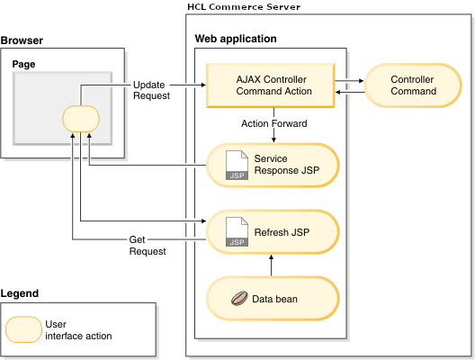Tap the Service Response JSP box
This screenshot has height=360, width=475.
coord(273,164)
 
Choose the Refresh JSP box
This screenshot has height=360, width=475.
coord(273,232)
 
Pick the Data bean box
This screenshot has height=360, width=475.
coord(273,299)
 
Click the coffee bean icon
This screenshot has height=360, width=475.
coord(238,299)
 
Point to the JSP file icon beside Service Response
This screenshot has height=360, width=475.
coord(236,164)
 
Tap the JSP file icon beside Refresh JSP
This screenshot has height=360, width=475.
coord(236,232)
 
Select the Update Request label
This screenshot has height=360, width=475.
coord(148,90)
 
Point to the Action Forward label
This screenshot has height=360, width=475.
coord(273,123)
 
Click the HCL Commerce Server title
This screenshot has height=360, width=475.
coord(243,7)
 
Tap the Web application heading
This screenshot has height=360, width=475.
coord(236,40)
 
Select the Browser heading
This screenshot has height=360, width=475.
coord(22,41)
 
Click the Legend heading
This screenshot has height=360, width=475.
coord(20,293)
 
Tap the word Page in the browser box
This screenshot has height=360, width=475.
coord(22,65)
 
